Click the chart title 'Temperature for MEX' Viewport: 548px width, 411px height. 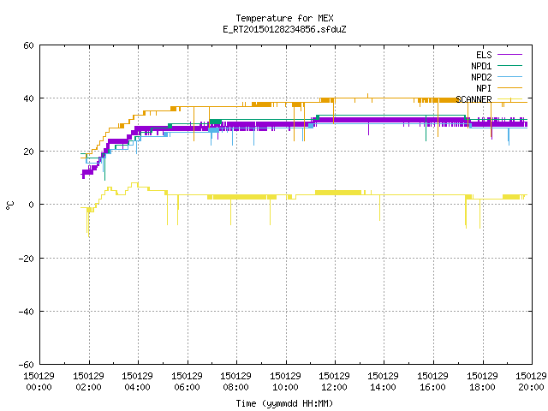coord(284,18)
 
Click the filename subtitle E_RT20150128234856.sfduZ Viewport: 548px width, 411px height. coord(284,29)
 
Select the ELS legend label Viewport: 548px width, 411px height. coord(484,55)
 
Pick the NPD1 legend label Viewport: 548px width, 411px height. coord(481,66)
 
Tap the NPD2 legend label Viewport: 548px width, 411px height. coord(481,77)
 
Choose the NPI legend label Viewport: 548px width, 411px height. coord(484,88)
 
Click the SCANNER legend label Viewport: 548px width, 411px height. coord(474,99)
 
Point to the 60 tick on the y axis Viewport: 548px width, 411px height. coord(28,45)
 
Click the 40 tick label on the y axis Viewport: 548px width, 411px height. coord(28,98)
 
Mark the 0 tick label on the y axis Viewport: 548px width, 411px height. coord(32,205)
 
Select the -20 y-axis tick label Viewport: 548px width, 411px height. coord(27,259)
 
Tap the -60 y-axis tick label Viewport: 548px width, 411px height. coord(27,365)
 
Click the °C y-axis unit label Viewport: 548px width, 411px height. coord(9,205)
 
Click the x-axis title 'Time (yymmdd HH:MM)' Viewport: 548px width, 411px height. coord(284,403)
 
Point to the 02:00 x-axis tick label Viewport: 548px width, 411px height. coord(88,381)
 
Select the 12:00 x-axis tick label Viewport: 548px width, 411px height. coord(335,381)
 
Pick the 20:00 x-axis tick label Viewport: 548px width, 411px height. coord(531,381)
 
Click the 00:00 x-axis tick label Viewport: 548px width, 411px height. coord(39,381)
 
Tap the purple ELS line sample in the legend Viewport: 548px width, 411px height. coord(509,55)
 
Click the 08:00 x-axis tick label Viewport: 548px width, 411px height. coord(236,381)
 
